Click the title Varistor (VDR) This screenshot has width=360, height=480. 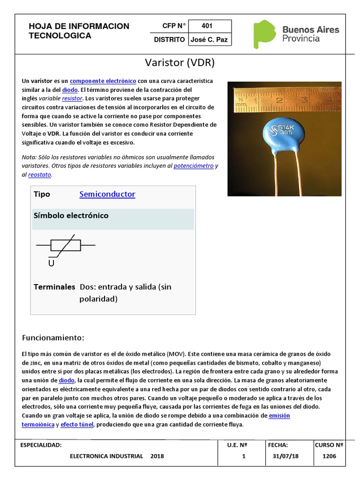click(x=180, y=63)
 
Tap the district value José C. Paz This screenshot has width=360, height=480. click(x=209, y=40)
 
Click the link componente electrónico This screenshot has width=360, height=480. click(x=103, y=81)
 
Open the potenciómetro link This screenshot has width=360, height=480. click(x=194, y=166)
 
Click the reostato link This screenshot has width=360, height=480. click(x=40, y=175)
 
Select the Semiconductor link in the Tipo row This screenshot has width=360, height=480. click(x=107, y=194)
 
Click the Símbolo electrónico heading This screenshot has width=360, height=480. click(x=71, y=216)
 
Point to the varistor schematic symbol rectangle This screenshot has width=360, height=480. click(x=66, y=245)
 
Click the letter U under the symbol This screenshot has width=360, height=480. click(x=51, y=263)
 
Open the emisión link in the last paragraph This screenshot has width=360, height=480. click(x=279, y=416)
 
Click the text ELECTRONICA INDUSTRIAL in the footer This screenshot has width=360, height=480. click(x=106, y=456)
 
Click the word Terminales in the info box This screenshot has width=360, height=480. click(x=54, y=286)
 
